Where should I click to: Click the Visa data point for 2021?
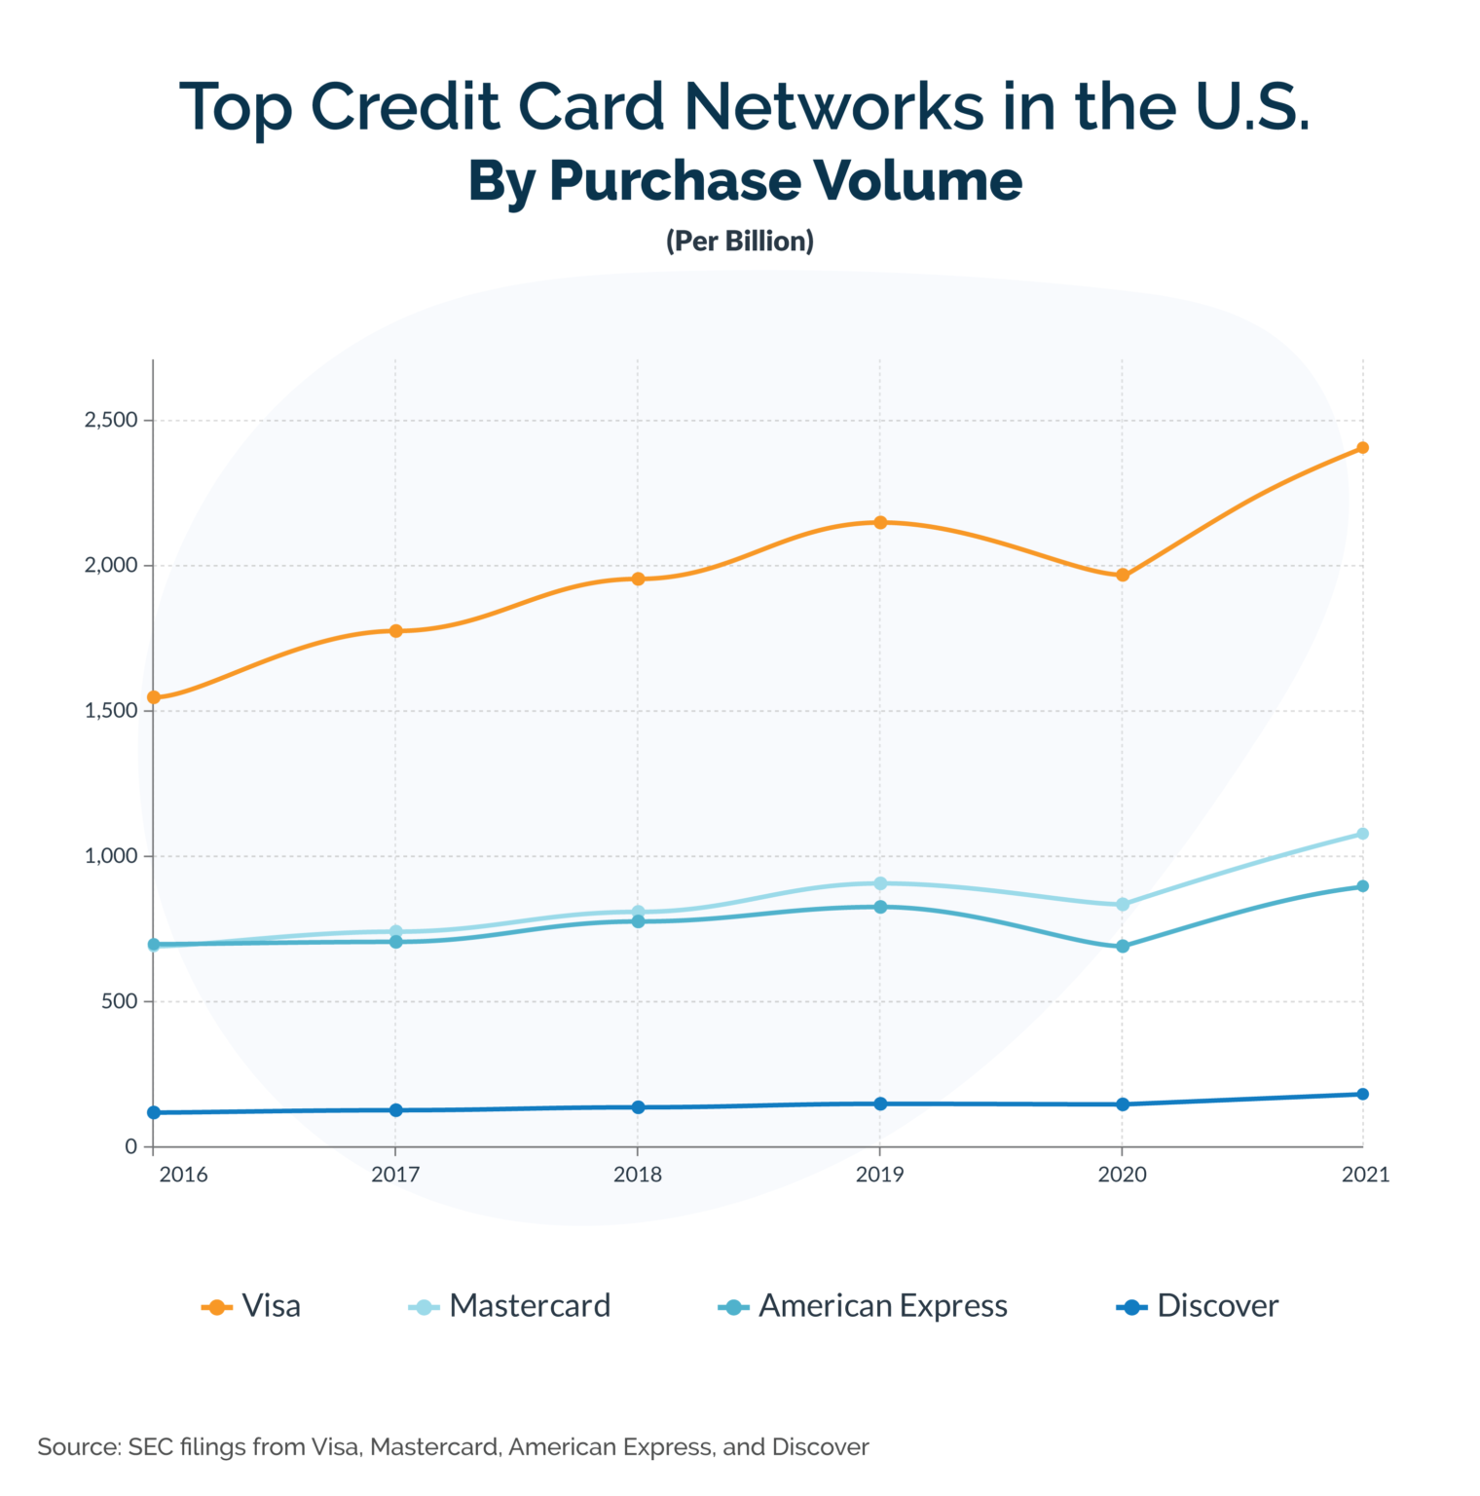pyautogui.click(x=1363, y=448)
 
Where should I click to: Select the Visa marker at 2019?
pyautogui.click(x=880, y=522)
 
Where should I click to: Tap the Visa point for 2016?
pyautogui.click(x=154, y=697)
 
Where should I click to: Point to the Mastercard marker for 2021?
pyautogui.click(x=1363, y=834)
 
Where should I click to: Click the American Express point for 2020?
pyautogui.click(x=1123, y=946)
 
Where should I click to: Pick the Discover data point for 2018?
pyautogui.click(x=638, y=1107)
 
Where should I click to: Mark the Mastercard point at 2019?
pyautogui.click(x=880, y=883)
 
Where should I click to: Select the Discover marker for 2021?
pyautogui.click(x=1363, y=1094)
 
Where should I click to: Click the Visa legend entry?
pyautogui.click(x=252, y=1306)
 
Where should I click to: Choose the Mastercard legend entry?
pyautogui.click(x=510, y=1306)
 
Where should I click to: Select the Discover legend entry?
pyautogui.click(x=1199, y=1306)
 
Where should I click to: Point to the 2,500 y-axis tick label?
pyautogui.click(x=111, y=421)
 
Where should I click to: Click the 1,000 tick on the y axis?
pyautogui.click(x=111, y=856)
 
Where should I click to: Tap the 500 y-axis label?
pyautogui.click(x=119, y=1001)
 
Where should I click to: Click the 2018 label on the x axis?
pyautogui.click(x=638, y=1175)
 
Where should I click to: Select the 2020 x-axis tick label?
pyautogui.click(x=1123, y=1175)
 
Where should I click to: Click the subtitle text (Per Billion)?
pyautogui.click(x=740, y=241)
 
